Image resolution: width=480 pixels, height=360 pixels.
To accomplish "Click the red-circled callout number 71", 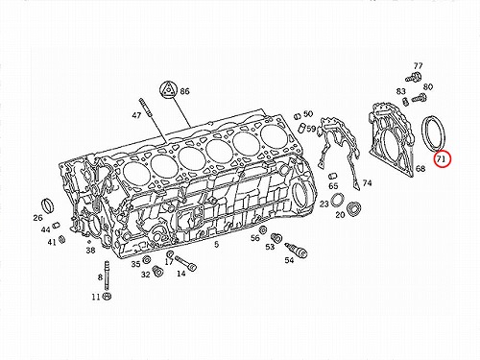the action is coord(442,159).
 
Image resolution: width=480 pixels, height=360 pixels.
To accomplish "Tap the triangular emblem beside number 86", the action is coord(167,89).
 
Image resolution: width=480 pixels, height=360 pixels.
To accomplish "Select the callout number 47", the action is coord(136,115).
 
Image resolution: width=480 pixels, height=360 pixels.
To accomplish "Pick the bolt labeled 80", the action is coord(420,97).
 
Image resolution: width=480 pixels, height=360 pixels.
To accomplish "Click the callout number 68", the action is coord(420,168).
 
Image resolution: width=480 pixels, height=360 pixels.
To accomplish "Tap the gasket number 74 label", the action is coord(367,183).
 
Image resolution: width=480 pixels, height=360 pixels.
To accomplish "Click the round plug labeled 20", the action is coord(354,208).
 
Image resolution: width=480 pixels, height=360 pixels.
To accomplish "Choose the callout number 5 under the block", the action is coord(216,245).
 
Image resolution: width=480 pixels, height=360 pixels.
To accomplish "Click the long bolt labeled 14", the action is coord(185,262).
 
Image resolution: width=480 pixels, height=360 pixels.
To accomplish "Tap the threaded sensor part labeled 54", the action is coord(296,250).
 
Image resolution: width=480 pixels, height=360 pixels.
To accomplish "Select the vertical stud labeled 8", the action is coord(107,276).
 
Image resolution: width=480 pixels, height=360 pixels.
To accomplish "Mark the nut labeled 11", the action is coord(108,297).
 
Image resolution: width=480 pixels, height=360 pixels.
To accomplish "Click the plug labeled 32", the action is coord(157,271).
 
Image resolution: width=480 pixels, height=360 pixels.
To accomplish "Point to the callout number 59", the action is coord(311,129).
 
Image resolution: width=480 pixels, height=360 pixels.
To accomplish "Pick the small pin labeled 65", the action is coord(333,177).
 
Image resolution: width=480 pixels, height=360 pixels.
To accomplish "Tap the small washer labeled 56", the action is coord(263,229).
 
